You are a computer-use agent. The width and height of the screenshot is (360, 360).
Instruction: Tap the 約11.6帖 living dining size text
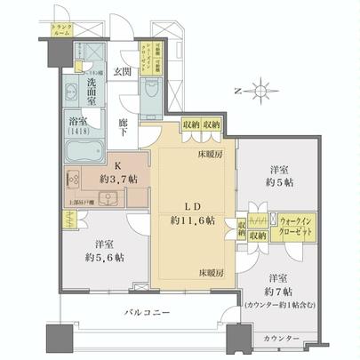(x=186, y=219)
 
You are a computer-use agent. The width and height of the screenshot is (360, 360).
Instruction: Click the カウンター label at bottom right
(x=280, y=339)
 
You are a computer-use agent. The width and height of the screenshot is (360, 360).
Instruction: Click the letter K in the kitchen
(x=116, y=164)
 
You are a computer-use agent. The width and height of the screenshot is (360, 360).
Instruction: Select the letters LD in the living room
(x=186, y=203)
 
